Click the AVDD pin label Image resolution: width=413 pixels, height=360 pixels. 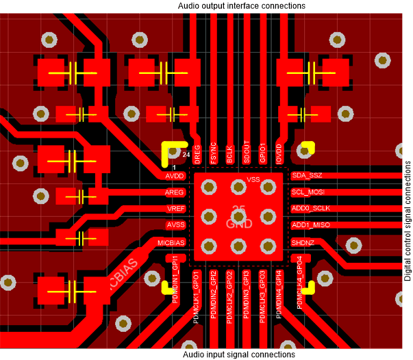click(x=175, y=176)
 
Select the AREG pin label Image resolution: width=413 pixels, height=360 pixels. click(x=175, y=192)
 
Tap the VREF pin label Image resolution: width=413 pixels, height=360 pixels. click(x=175, y=209)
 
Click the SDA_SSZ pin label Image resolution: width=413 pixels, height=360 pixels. click(x=306, y=176)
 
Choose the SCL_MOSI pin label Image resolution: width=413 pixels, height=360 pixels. click(x=308, y=192)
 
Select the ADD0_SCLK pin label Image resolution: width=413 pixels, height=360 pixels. click(x=310, y=209)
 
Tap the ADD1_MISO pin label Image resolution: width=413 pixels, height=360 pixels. click(x=310, y=225)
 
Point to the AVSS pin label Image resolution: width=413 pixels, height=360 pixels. click(x=175, y=225)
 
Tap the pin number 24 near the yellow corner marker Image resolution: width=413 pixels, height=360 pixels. click(x=186, y=155)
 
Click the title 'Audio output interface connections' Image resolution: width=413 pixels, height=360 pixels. click(x=241, y=5)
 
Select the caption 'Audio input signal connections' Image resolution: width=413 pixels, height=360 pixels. click(x=240, y=355)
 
